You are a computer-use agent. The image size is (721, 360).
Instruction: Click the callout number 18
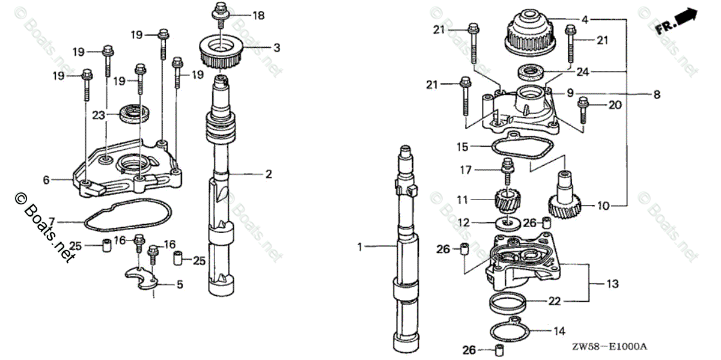258,16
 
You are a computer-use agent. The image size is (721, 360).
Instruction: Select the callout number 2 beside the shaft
269,174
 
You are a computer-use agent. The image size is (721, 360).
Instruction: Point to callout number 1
360,246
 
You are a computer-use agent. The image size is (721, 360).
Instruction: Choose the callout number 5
180,285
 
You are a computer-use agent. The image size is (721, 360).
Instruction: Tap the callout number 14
559,330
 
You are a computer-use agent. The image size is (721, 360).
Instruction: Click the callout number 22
554,301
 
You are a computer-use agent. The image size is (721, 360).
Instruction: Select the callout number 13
612,283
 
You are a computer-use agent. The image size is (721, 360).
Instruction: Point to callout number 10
603,206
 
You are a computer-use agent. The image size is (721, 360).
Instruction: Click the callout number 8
656,94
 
